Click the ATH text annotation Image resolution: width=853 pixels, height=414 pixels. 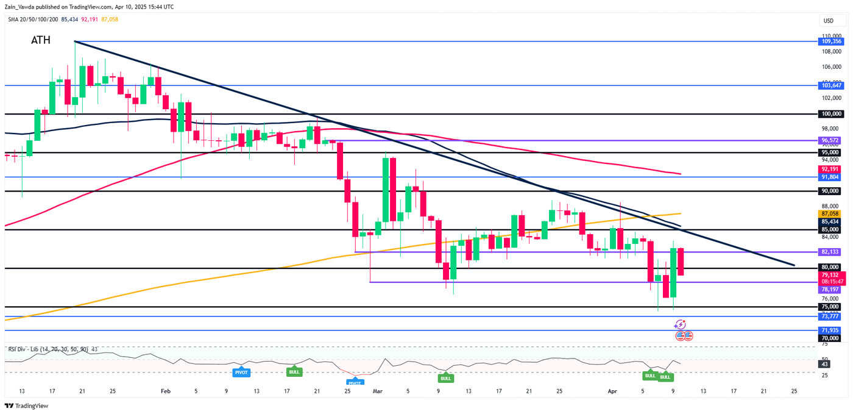pyautogui.click(x=41, y=41)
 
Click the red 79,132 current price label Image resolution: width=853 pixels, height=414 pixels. pyautogui.click(x=832, y=275)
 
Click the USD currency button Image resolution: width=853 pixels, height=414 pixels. pyautogui.click(x=828, y=21)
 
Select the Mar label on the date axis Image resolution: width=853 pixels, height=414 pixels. pyautogui.click(x=377, y=391)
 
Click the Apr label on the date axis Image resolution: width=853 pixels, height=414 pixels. pyautogui.click(x=613, y=391)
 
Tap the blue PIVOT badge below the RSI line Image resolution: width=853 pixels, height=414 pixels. pyautogui.click(x=240, y=371)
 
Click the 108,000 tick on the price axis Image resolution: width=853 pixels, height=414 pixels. pyautogui.click(x=832, y=51)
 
